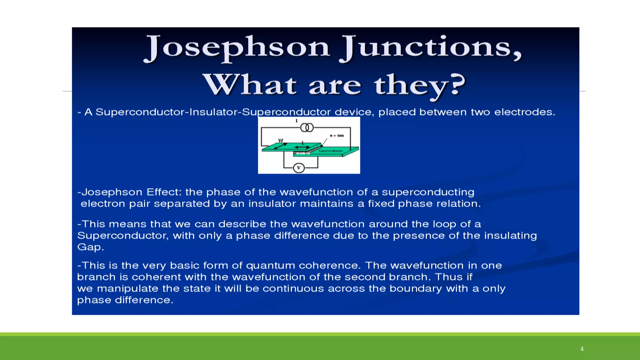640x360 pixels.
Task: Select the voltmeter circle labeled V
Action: pyautogui.click(x=299, y=168)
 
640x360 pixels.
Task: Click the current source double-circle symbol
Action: pyautogui.click(x=307, y=127)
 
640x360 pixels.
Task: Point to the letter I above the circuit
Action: pyautogui.click(x=297, y=121)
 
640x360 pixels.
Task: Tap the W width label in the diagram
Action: pyautogui.click(x=281, y=141)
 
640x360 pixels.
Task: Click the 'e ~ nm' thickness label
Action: pyautogui.click(x=337, y=136)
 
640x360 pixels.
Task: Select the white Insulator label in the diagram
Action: pyautogui.click(x=303, y=153)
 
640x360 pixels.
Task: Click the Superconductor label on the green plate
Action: pyautogui.click(x=331, y=151)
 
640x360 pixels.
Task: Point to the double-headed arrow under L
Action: pyautogui.click(x=302, y=147)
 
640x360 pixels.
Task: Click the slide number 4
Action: pyautogui.click(x=582, y=349)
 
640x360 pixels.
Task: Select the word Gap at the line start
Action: pyautogui.click(x=90, y=247)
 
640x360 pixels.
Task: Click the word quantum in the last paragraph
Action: pyautogui.click(x=270, y=266)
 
